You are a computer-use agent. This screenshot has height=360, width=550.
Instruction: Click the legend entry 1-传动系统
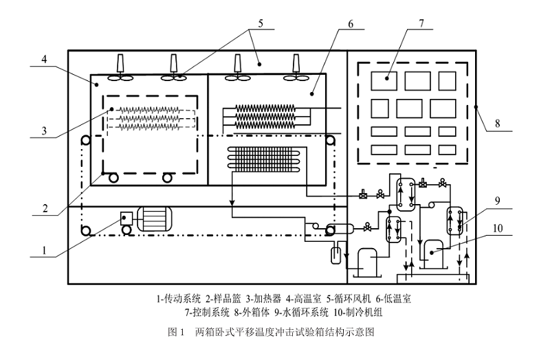pos(179,299)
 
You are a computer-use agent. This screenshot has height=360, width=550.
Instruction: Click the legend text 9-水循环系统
pos(306,312)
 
